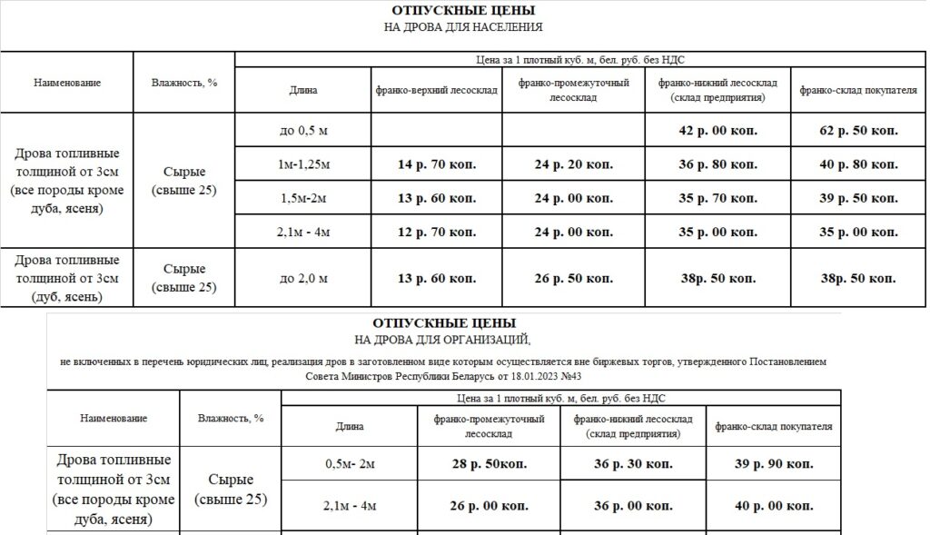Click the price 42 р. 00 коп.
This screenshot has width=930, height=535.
(x=717, y=131)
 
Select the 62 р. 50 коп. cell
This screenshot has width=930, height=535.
(x=858, y=131)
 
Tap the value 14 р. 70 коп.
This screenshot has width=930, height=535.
(x=436, y=164)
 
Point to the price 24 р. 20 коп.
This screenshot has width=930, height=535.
(x=573, y=164)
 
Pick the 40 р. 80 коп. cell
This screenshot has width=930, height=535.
(x=858, y=164)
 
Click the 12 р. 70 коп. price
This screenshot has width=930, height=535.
(x=436, y=232)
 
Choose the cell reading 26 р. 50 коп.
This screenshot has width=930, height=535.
(x=573, y=277)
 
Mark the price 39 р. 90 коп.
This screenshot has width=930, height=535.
(x=774, y=463)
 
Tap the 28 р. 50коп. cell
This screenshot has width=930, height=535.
(x=490, y=463)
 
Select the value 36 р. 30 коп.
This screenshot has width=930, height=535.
(x=633, y=463)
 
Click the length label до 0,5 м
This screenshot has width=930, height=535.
(x=303, y=131)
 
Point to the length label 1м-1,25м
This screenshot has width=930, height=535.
(x=303, y=164)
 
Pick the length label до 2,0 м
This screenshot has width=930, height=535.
(x=303, y=277)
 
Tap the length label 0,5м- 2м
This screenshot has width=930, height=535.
(x=350, y=463)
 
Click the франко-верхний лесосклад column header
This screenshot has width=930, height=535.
(x=436, y=90)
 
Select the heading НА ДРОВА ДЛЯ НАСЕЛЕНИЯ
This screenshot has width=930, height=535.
(x=463, y=27)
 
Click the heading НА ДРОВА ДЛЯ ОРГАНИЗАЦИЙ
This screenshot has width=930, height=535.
(x=443, y=340)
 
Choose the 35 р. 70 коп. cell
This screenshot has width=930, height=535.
(x=717, y=198)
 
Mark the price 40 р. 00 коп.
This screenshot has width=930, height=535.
(x=774, y=505)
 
